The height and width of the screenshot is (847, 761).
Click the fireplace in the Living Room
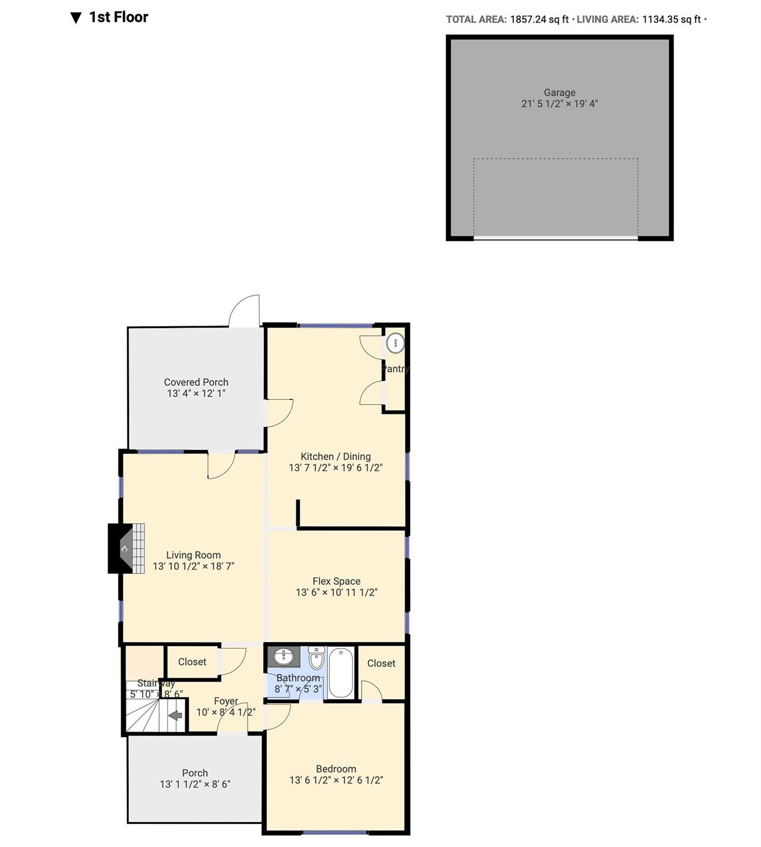click(126, 549)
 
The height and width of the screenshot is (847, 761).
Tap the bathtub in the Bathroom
click(341, 673)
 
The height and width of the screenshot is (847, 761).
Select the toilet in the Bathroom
click(316, 657)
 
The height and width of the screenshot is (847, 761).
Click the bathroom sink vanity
click(284, 657)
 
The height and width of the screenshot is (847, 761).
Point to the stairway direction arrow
click(175, 716)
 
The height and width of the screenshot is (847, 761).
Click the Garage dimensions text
click(559, 104)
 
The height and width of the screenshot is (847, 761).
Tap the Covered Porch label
click(196, 382)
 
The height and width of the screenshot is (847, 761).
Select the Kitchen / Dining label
click(335, 457)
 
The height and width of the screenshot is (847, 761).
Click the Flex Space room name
click(336, 581)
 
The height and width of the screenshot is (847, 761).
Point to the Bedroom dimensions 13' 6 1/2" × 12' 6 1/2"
click(336, 780)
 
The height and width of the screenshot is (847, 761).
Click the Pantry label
click(396, 369)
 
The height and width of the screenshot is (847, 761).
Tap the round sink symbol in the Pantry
click(395, 343)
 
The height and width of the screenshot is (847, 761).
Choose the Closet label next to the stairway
click(192, 662)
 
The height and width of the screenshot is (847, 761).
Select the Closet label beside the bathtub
click(381, 663)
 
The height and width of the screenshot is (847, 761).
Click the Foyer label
click(226, 701)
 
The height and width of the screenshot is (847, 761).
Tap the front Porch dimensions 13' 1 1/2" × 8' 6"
click(195, 784)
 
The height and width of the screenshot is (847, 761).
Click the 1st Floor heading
click(118, 17)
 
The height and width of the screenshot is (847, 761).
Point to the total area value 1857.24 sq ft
click(539, 19)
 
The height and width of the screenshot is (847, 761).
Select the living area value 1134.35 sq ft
click(671, 19)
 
